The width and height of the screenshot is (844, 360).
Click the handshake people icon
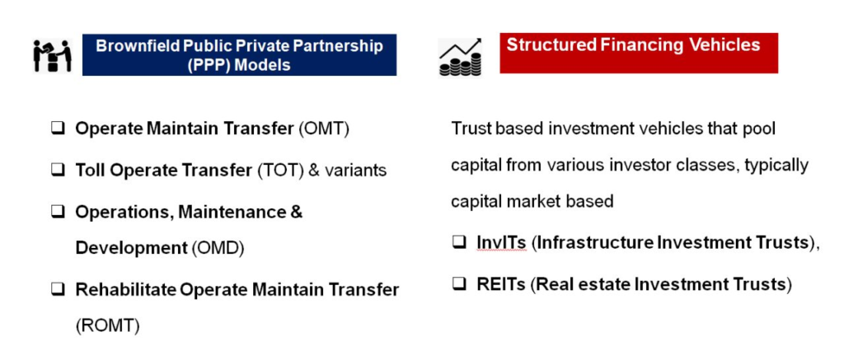pyautogui.click(x=52, y=55)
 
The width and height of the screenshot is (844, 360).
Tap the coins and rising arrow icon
pyautogui.click(x=460, y=57)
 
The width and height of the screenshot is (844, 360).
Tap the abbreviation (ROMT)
pyautogui.click(x=108, y=325)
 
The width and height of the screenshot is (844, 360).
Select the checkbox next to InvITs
pyautogui.click(x=458, y=243)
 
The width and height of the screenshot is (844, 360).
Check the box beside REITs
pyautogui.click(x=458, y=283)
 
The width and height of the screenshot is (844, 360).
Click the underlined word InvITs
pyautogui.click(x=501, y=243)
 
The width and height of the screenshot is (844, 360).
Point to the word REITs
pyautogui.click(x=500, y=284)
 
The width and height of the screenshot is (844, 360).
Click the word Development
pyautogui.click(x=131, y=249)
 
